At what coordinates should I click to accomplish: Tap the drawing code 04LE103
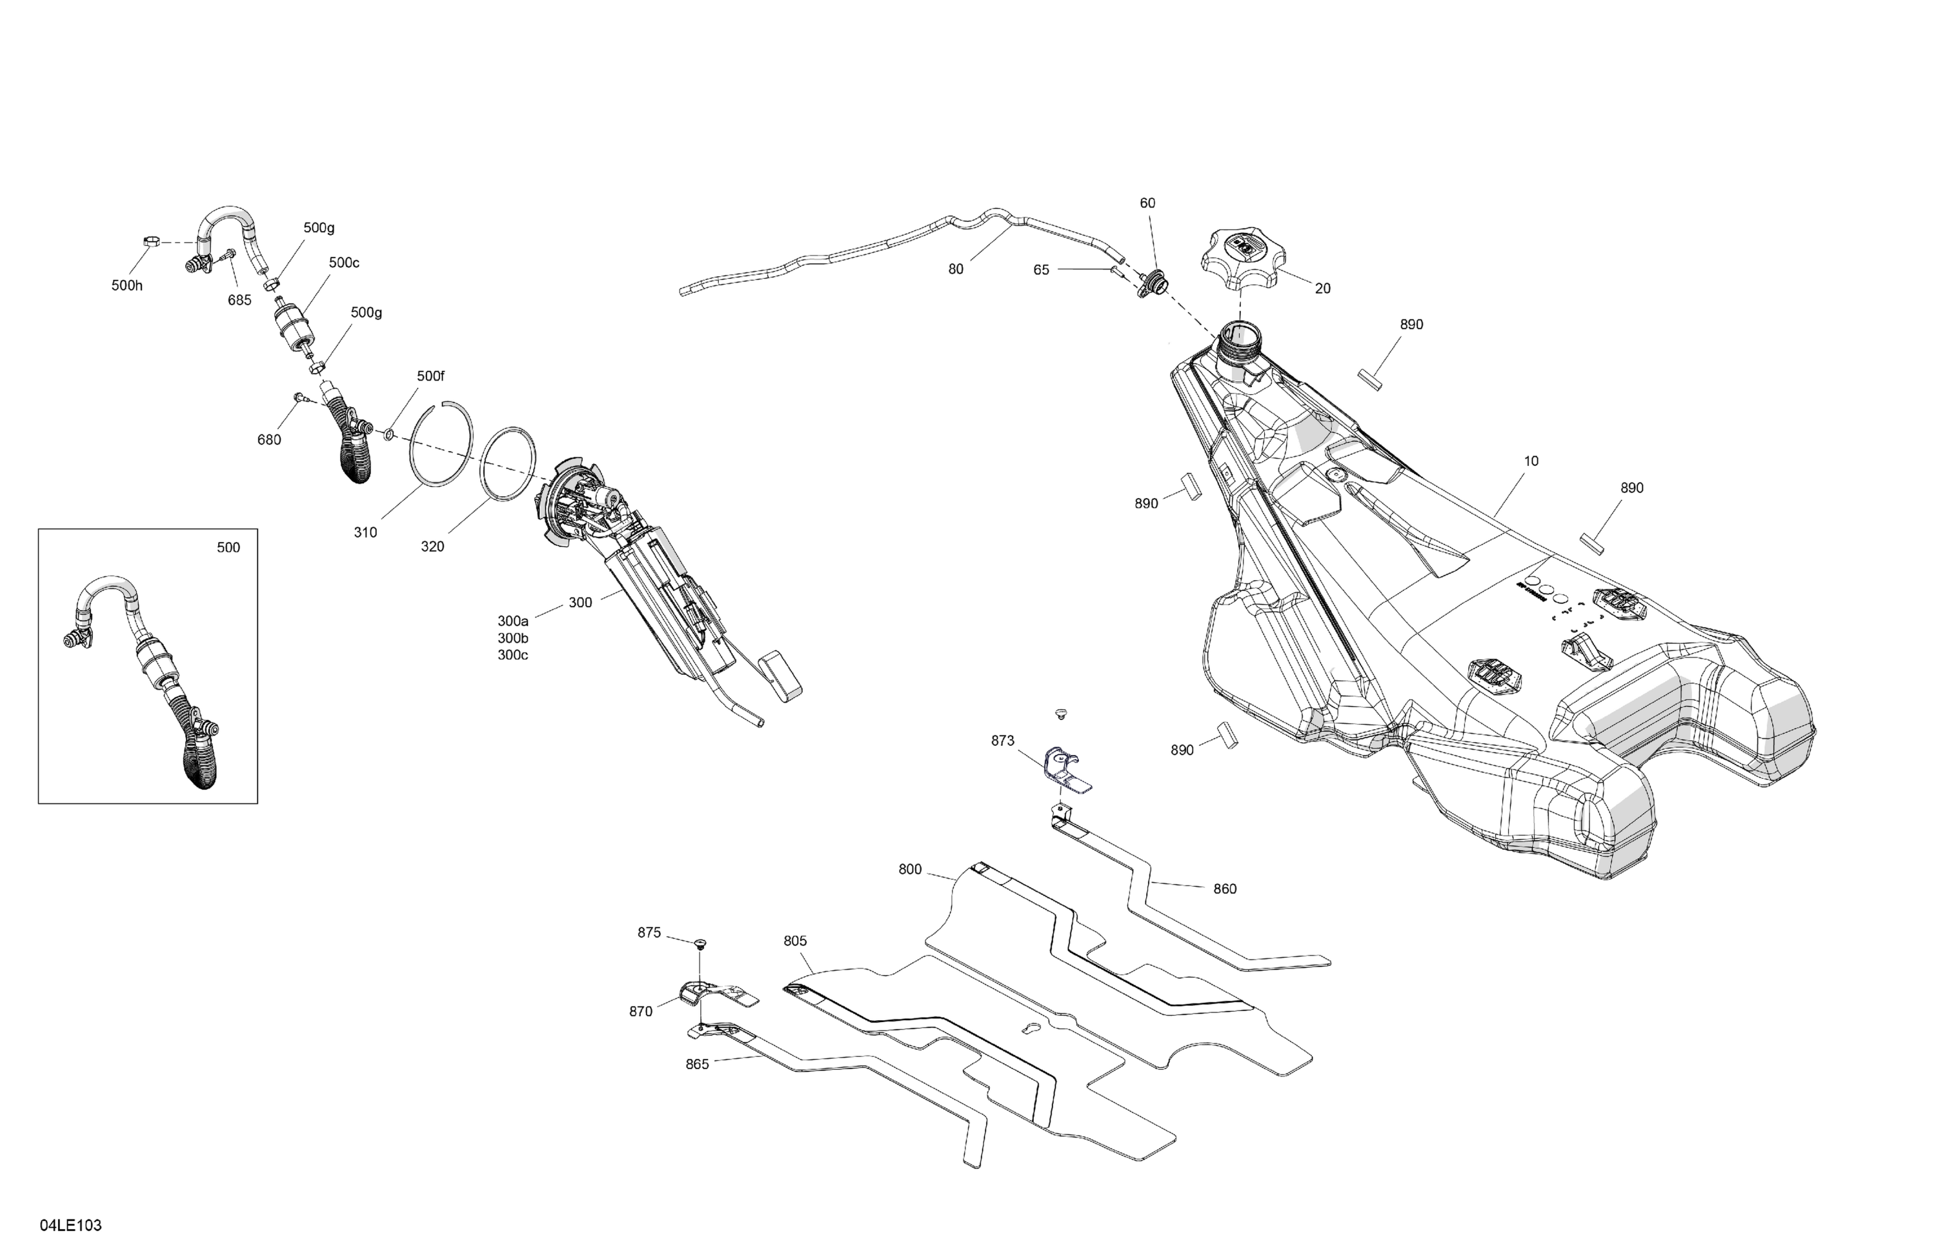(x=71, y=1225)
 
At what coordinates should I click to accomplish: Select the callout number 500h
(x=127, y=285)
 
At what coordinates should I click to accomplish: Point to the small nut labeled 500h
(x=150, y=241)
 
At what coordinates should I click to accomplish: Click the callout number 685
(x=239, y=300)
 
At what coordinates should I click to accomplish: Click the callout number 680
(x=268, y=440)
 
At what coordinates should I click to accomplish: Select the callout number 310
(x=365, y=533)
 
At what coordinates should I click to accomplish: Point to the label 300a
(x=512, y=621)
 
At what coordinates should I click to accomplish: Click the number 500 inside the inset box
(x=228, y=547)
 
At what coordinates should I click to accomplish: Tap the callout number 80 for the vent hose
(x=956, y=269)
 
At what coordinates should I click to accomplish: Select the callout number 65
(x=1041, y=270)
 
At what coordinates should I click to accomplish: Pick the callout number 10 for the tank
(x=1531, y=461)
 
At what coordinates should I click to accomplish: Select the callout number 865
(x=697, y=1064)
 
